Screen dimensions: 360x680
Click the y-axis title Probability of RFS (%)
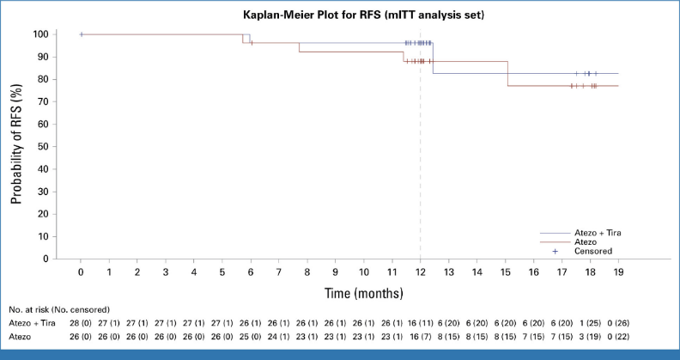click(x=16, y=146)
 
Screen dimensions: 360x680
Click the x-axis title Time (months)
click(x=363, y=293)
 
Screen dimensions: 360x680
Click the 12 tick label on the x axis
click(x=420, y=272)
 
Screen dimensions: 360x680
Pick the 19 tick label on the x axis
click(x=618, y=272)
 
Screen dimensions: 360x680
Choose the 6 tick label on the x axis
click(x=251, y=272)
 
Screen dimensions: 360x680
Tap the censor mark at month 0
click(x=81, y=34)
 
